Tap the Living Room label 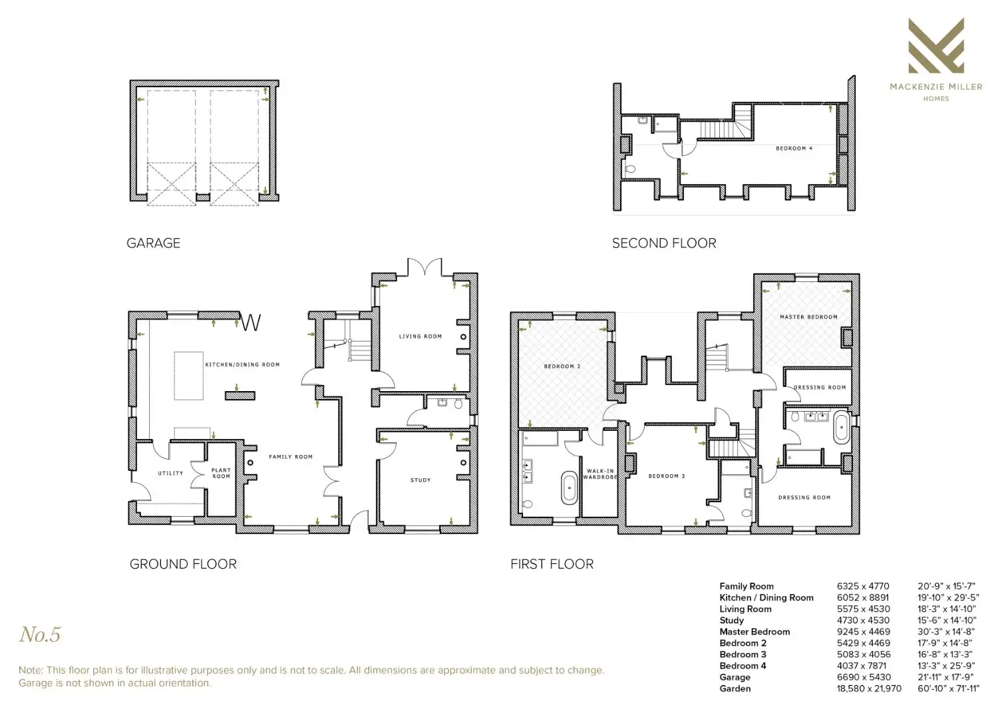pyautogui.click(x=420, y=337)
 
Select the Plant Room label pyautogui.click(x=221, y=473)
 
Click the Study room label pyautogui.click(x=420, y=480)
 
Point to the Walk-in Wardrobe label pyautogui.click(x=600, y=474)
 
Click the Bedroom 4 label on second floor pyautogui.click(x=794, y=148)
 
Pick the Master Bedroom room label pyautogui.click(x=808, y=317)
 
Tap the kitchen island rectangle pyautogui.click(x=188, y=375)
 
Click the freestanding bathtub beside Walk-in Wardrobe pyautogui.click(x=568, y=488)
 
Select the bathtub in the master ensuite pyautogui.click(x=841, y=428)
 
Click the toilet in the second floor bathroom pyautogui.click(x=630, y=169)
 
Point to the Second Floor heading pyautogui.click(x=664, y=243)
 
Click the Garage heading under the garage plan pyautogui.click(x=153, y=243)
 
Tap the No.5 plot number pyautogui.click(x=40, y=634)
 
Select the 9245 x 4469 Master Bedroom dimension pyautogui.click(x=864, y=632)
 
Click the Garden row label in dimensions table pyautogui.click(x=735, y=688)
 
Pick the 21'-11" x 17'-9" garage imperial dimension pyautogui.click(x=945, y=677)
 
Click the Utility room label pyautogui.click(x=170, y=473)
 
